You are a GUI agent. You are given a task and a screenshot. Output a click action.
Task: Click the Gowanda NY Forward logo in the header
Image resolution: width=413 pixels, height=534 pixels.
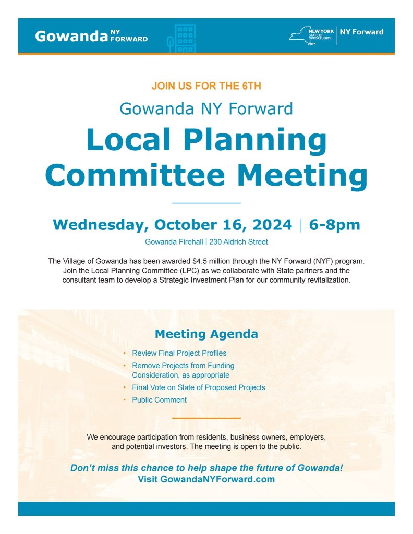click(91, 36)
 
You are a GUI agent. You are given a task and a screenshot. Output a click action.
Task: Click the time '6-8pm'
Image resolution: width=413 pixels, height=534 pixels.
click(334, 225)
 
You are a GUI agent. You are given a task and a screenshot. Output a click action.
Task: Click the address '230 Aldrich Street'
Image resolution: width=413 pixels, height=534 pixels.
click(238, 242)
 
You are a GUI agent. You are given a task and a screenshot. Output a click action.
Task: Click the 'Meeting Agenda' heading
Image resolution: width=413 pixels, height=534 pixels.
click(206, 334)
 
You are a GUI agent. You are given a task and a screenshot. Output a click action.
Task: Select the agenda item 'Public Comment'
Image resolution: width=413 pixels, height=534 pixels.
click(159, 400)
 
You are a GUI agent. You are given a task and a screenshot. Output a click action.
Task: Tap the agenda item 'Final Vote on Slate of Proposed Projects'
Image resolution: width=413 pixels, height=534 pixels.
click(199, 387)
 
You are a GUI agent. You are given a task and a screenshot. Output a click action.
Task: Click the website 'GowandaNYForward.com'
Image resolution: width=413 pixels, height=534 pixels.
click(217, 479)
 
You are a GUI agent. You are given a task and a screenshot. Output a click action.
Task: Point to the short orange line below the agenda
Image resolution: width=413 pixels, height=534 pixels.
click(206, 418)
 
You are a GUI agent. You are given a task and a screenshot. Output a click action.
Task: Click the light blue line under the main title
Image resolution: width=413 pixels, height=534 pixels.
click(206, 203)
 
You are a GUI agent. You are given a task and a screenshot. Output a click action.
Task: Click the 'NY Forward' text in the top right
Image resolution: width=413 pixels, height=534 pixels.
click(361, 32)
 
